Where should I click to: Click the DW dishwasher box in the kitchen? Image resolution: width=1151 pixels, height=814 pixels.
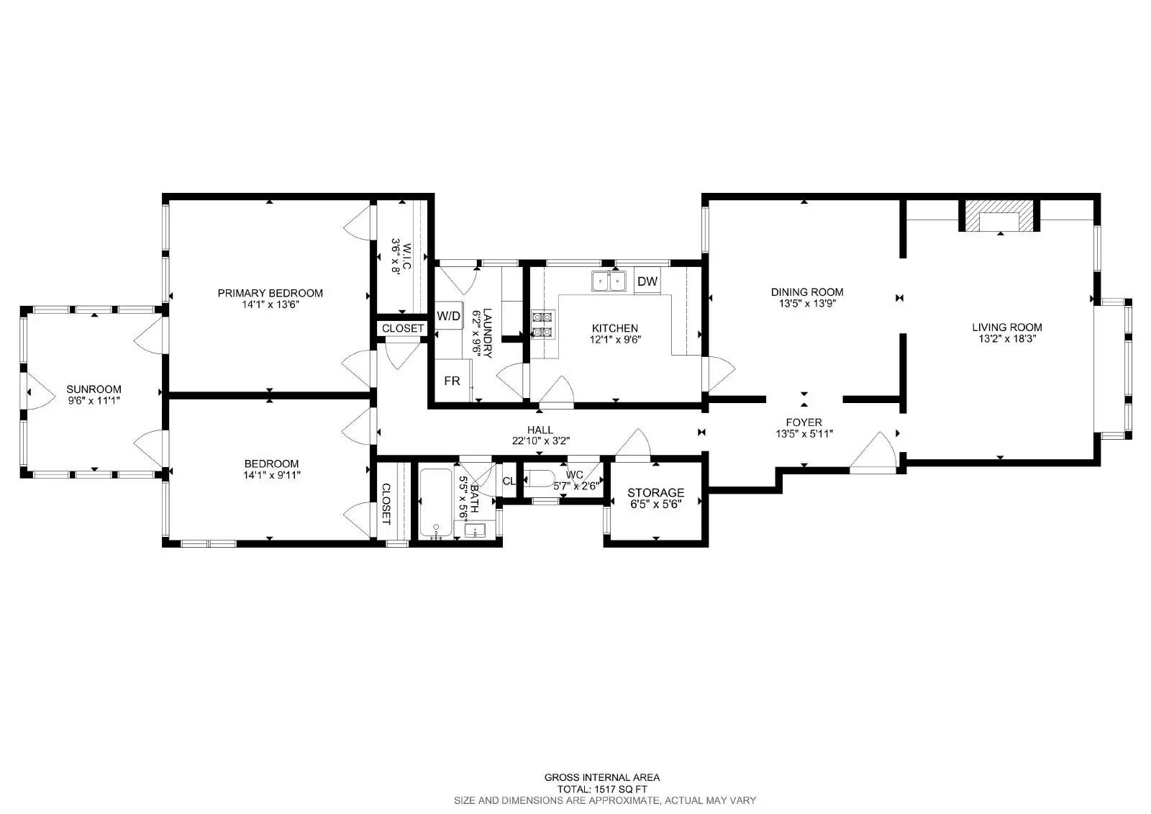(647, 281)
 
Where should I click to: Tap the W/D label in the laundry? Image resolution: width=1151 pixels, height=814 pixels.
(449, 316)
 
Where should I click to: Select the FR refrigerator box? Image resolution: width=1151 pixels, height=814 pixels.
(452, 381)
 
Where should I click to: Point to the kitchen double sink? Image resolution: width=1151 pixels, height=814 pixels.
(609, 281)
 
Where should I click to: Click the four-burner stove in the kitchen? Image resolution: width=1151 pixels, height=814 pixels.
(542, 324)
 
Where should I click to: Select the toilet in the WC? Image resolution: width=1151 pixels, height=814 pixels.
(538, 479)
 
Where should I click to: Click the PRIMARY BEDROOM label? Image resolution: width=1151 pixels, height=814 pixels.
(270, 293)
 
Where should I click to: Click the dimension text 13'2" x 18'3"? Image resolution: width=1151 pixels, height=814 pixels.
(1006, 338)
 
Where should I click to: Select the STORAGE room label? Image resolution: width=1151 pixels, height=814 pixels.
(655, 493)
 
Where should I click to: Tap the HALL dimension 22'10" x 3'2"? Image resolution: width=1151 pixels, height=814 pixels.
(541, 441)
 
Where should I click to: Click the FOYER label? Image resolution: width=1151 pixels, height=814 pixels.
(804, 422)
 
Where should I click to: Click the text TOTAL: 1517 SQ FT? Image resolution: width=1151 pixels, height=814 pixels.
(601, 789)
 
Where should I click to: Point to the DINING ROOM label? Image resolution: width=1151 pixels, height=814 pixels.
(806, 292)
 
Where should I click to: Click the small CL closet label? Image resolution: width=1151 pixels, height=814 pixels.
(509, 481)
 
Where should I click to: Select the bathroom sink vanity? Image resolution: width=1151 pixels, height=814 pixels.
(476, 531)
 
